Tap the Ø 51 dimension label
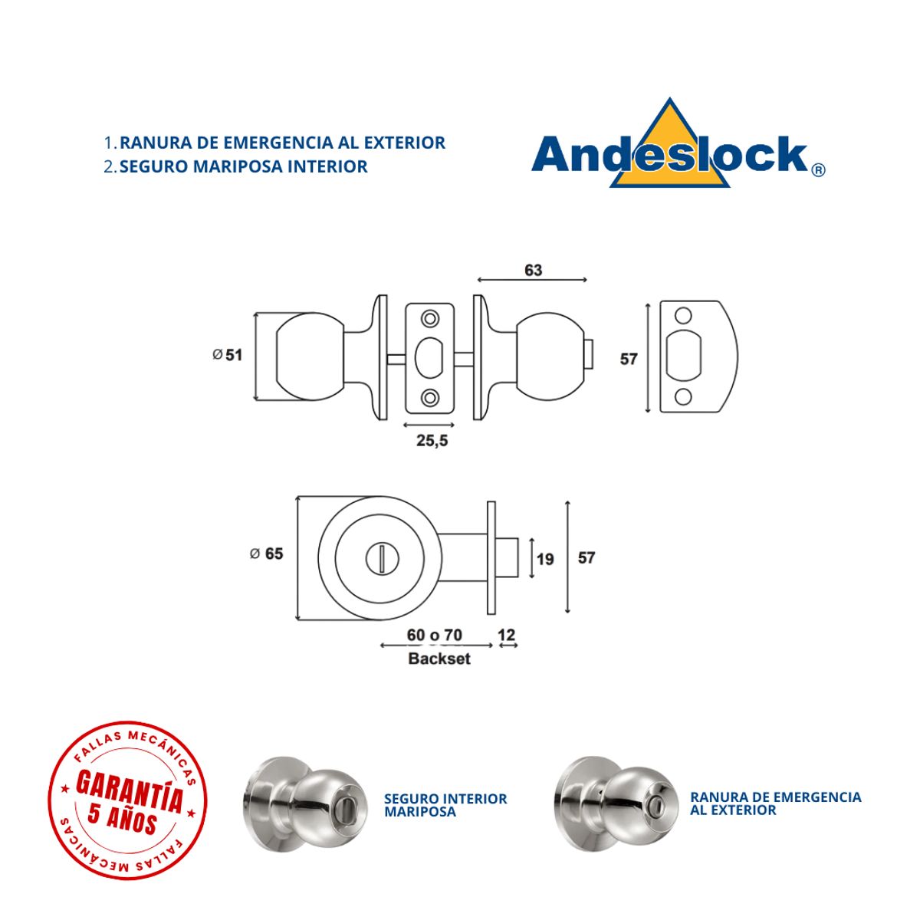(227, 355)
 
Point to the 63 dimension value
(533, 270)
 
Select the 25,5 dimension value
(432, 441)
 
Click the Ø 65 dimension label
(266, 554)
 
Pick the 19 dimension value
(545, 559)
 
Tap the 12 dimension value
(507, 635)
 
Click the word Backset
(439, 659)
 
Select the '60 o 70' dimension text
(435, 635)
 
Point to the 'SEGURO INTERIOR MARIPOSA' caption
(445, 805)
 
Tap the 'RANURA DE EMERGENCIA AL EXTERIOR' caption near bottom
(775, 803)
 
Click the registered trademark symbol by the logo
(818, 170)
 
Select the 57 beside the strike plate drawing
(629, 359)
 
